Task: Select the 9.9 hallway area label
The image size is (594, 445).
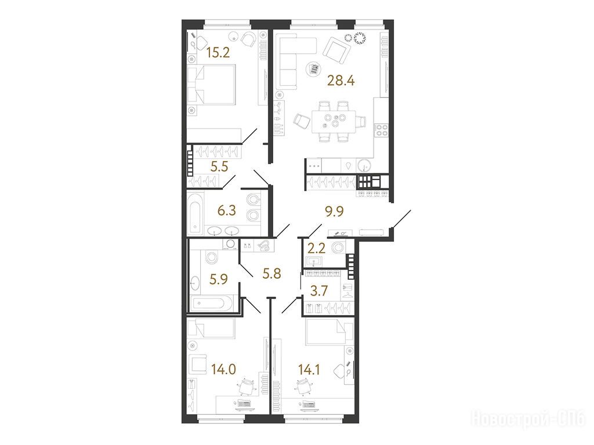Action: click(335, 211)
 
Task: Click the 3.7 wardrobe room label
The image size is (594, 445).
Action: click(318, 291)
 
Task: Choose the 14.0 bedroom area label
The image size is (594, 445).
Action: click(223, 369)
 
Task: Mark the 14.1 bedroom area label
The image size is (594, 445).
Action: click(309, 369)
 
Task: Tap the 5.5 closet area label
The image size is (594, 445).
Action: click(219, 166)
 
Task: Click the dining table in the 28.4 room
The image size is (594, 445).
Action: click(334, 122)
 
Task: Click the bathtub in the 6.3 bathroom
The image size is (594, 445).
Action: click(195, 214)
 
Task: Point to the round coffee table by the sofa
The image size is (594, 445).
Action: click(314, 70)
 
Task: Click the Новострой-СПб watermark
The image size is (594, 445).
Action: click(529, 419)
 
